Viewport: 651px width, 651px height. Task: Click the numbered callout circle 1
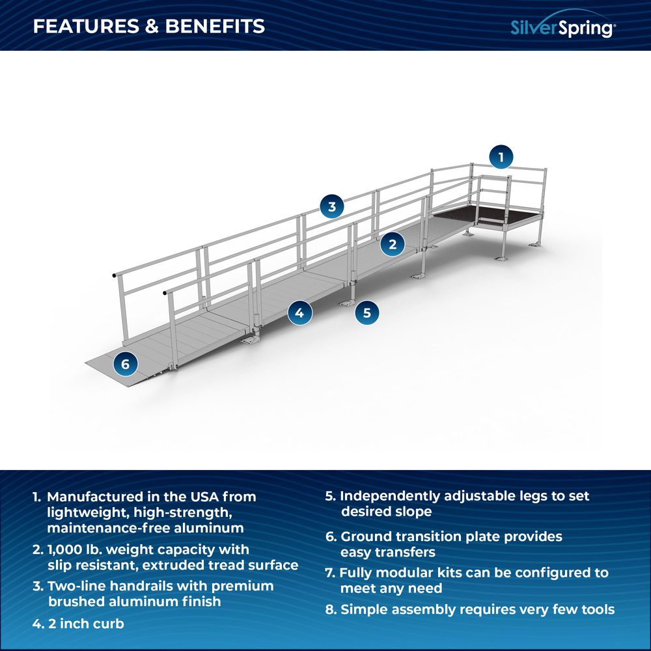501,158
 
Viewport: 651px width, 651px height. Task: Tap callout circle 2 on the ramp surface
393,245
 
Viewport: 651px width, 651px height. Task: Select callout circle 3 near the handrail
332,206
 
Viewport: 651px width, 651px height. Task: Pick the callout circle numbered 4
299,312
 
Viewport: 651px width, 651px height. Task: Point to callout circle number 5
367,312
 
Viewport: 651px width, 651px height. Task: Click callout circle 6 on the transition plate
126,364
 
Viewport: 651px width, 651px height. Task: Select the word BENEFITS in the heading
215,26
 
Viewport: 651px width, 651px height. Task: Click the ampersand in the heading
152,26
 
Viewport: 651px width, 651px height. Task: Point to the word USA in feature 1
204,497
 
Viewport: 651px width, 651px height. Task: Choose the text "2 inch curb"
86,624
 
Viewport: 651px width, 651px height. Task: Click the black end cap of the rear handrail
114,275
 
